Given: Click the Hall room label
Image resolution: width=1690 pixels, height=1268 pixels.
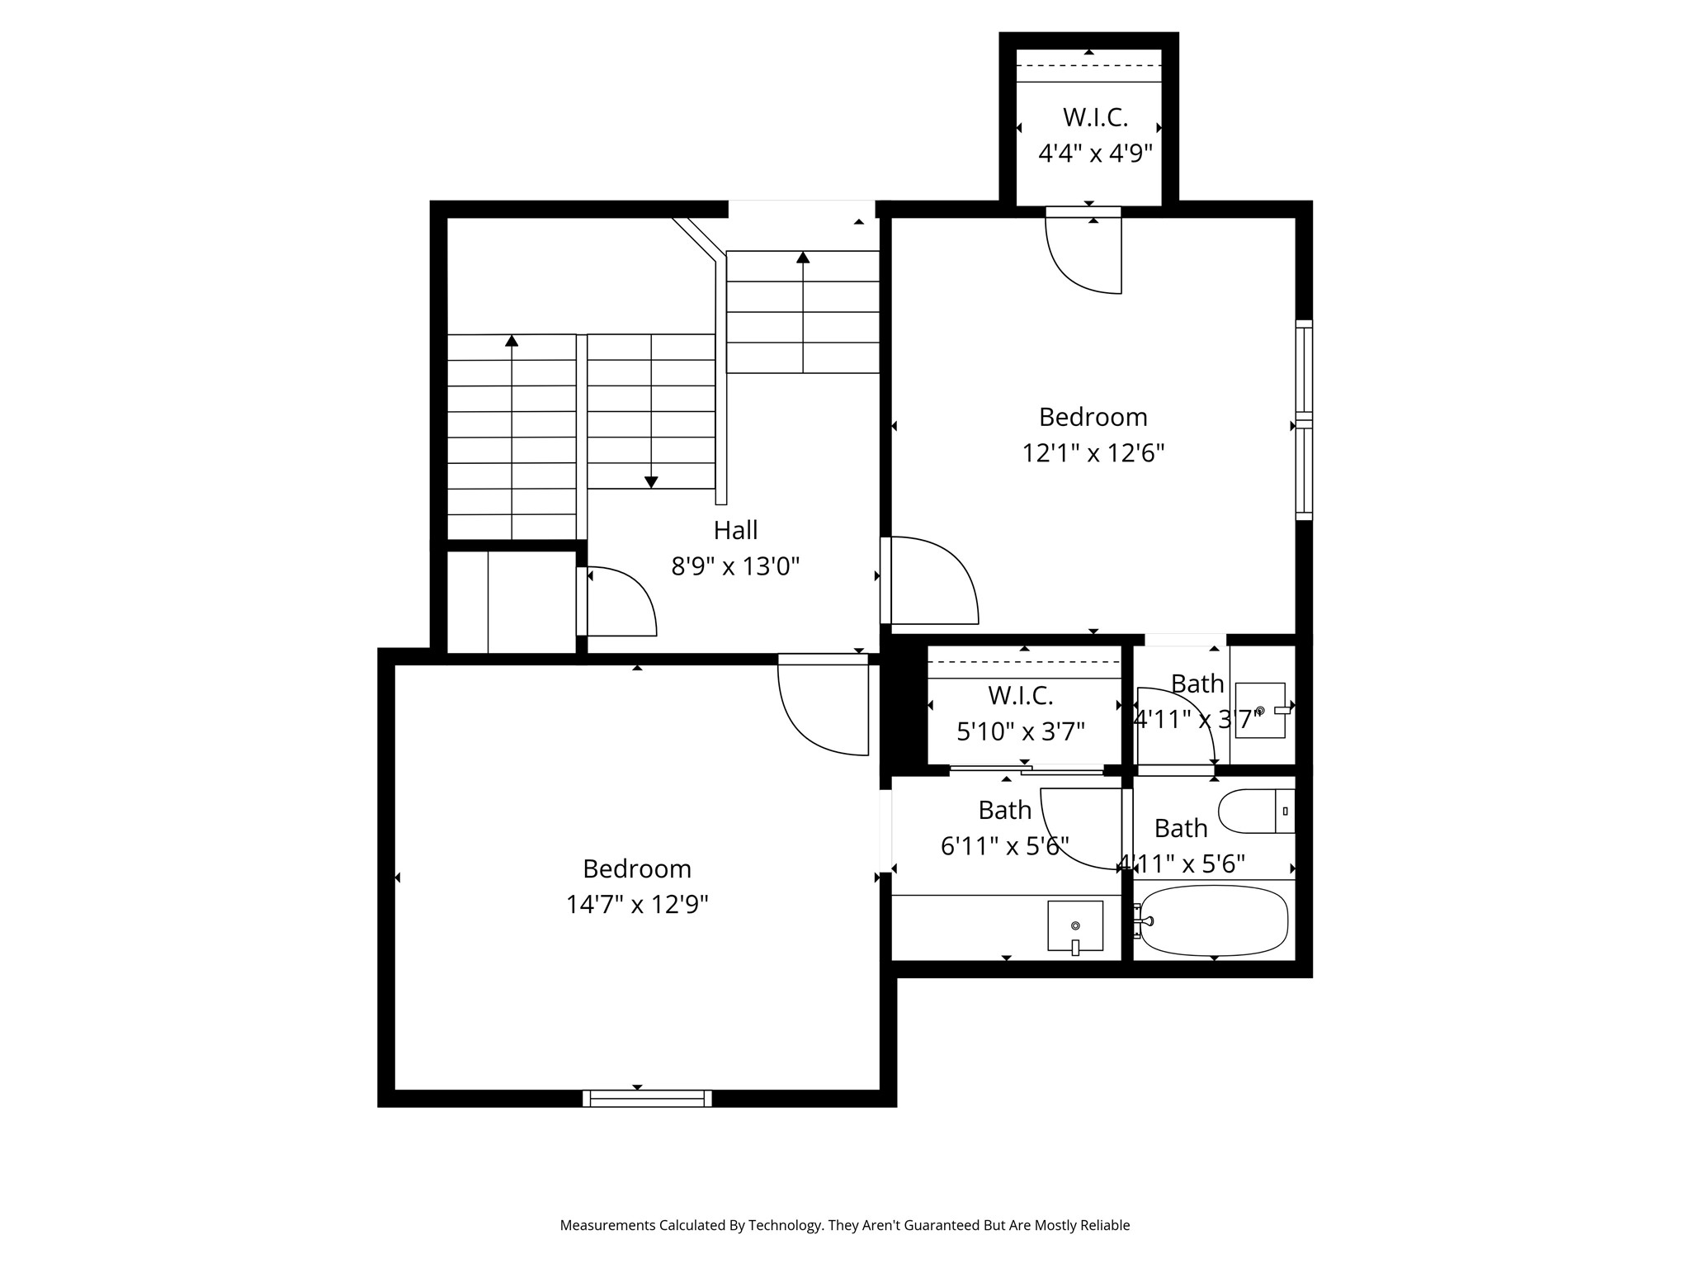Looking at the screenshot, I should (735, 530).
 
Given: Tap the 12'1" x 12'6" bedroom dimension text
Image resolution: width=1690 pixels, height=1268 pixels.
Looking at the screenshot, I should (1093, 453).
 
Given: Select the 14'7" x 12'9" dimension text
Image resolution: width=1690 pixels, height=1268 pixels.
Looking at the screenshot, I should (637, 905).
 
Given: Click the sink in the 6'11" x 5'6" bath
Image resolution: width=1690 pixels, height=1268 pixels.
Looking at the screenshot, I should (1075, 926).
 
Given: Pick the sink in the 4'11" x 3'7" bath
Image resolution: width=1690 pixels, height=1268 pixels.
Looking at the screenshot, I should (1259, 710).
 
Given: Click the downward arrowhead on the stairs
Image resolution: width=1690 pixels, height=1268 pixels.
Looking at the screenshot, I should (651, 482).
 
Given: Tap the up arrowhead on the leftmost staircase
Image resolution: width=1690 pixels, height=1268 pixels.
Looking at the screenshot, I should (512, 341).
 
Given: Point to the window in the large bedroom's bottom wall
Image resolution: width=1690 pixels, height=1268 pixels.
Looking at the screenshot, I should (647, 1098).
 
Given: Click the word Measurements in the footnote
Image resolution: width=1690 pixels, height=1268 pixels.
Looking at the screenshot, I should (607, 1225).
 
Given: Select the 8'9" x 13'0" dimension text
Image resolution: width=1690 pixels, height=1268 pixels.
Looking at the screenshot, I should (735, 566).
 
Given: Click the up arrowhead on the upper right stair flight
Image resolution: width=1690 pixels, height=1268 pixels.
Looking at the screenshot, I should (803, 257).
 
